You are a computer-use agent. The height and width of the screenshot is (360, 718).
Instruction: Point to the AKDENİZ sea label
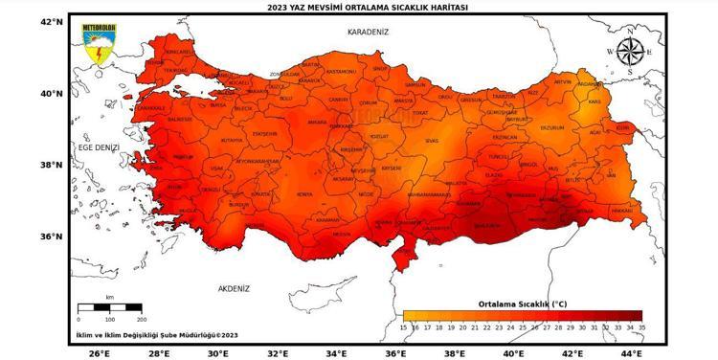tap(233, 287)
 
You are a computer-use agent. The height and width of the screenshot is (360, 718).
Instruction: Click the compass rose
tap(630, 52)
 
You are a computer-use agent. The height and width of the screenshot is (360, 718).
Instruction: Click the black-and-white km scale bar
tap(109, 307)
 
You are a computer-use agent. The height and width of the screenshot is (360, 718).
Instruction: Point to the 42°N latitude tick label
tap(51, 21)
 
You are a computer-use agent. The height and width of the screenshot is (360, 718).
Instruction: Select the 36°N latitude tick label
tap(51, 236)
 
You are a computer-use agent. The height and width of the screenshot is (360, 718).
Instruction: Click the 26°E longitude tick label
tap(99, 353)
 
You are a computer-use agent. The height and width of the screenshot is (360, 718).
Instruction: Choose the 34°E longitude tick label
tap(336, 353)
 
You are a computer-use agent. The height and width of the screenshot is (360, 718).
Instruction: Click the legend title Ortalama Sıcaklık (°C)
tap(522, 304)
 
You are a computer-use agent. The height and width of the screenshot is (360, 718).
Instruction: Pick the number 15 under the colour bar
tap(403, 326)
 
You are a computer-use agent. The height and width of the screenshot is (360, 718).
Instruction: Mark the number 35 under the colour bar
tap(641, 326)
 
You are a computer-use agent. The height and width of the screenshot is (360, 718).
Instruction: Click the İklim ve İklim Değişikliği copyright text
tap(157, 335)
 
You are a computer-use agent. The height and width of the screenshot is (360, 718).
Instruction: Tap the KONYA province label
tap(304, 194)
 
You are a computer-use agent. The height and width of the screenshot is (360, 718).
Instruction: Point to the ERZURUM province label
tap(551, 127)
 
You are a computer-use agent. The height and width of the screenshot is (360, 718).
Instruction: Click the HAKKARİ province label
tap(620, 209)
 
